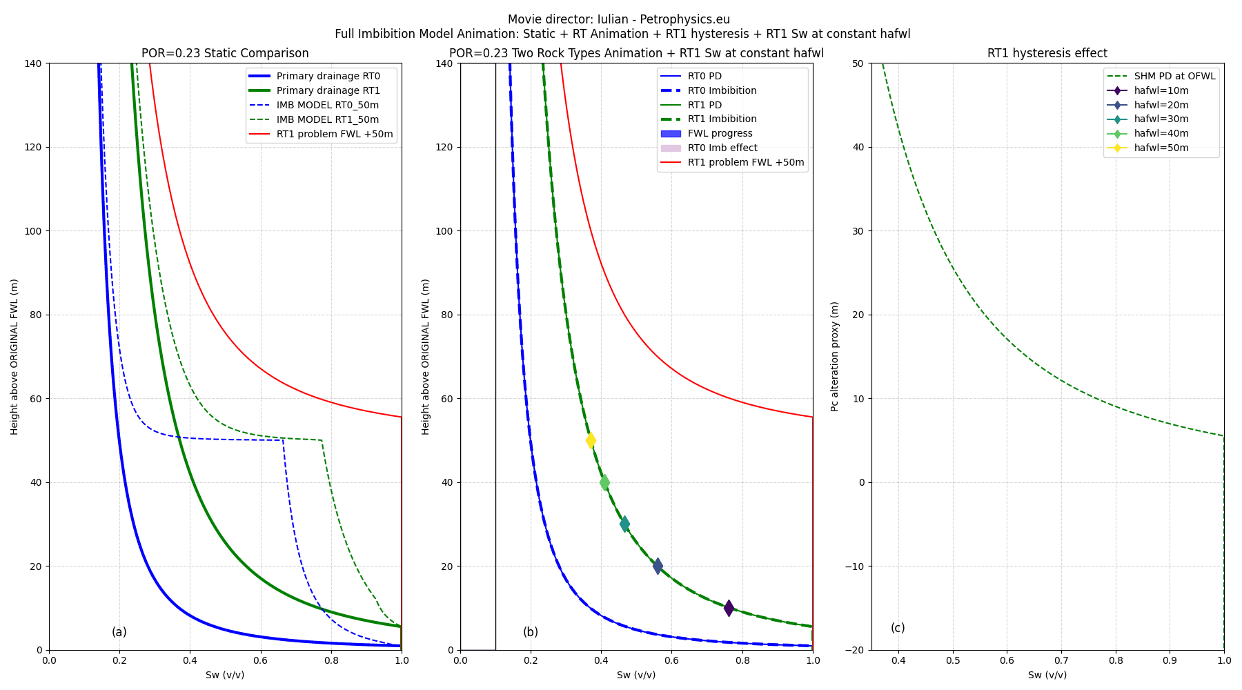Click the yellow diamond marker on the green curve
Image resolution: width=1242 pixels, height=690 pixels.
591,440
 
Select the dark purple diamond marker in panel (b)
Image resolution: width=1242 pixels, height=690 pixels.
729,608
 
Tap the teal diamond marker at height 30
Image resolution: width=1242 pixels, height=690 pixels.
624,524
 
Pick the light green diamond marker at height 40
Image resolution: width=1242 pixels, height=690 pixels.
604,482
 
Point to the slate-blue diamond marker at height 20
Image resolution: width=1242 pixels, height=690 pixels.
658,566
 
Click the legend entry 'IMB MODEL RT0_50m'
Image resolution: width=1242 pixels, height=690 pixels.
327,105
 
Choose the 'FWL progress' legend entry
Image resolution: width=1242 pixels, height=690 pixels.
720,133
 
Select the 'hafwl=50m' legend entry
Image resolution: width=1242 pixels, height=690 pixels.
1161,148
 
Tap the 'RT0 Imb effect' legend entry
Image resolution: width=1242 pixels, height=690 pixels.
722,148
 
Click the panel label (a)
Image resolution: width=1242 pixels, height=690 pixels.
119,632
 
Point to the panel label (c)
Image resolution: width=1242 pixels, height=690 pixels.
898,628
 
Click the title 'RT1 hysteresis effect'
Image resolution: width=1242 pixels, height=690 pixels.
1047,53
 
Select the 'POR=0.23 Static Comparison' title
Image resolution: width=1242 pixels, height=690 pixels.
225,53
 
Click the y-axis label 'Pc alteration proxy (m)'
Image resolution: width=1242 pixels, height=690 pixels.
835,356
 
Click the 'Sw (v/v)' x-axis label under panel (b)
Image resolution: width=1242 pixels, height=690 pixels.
636,675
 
